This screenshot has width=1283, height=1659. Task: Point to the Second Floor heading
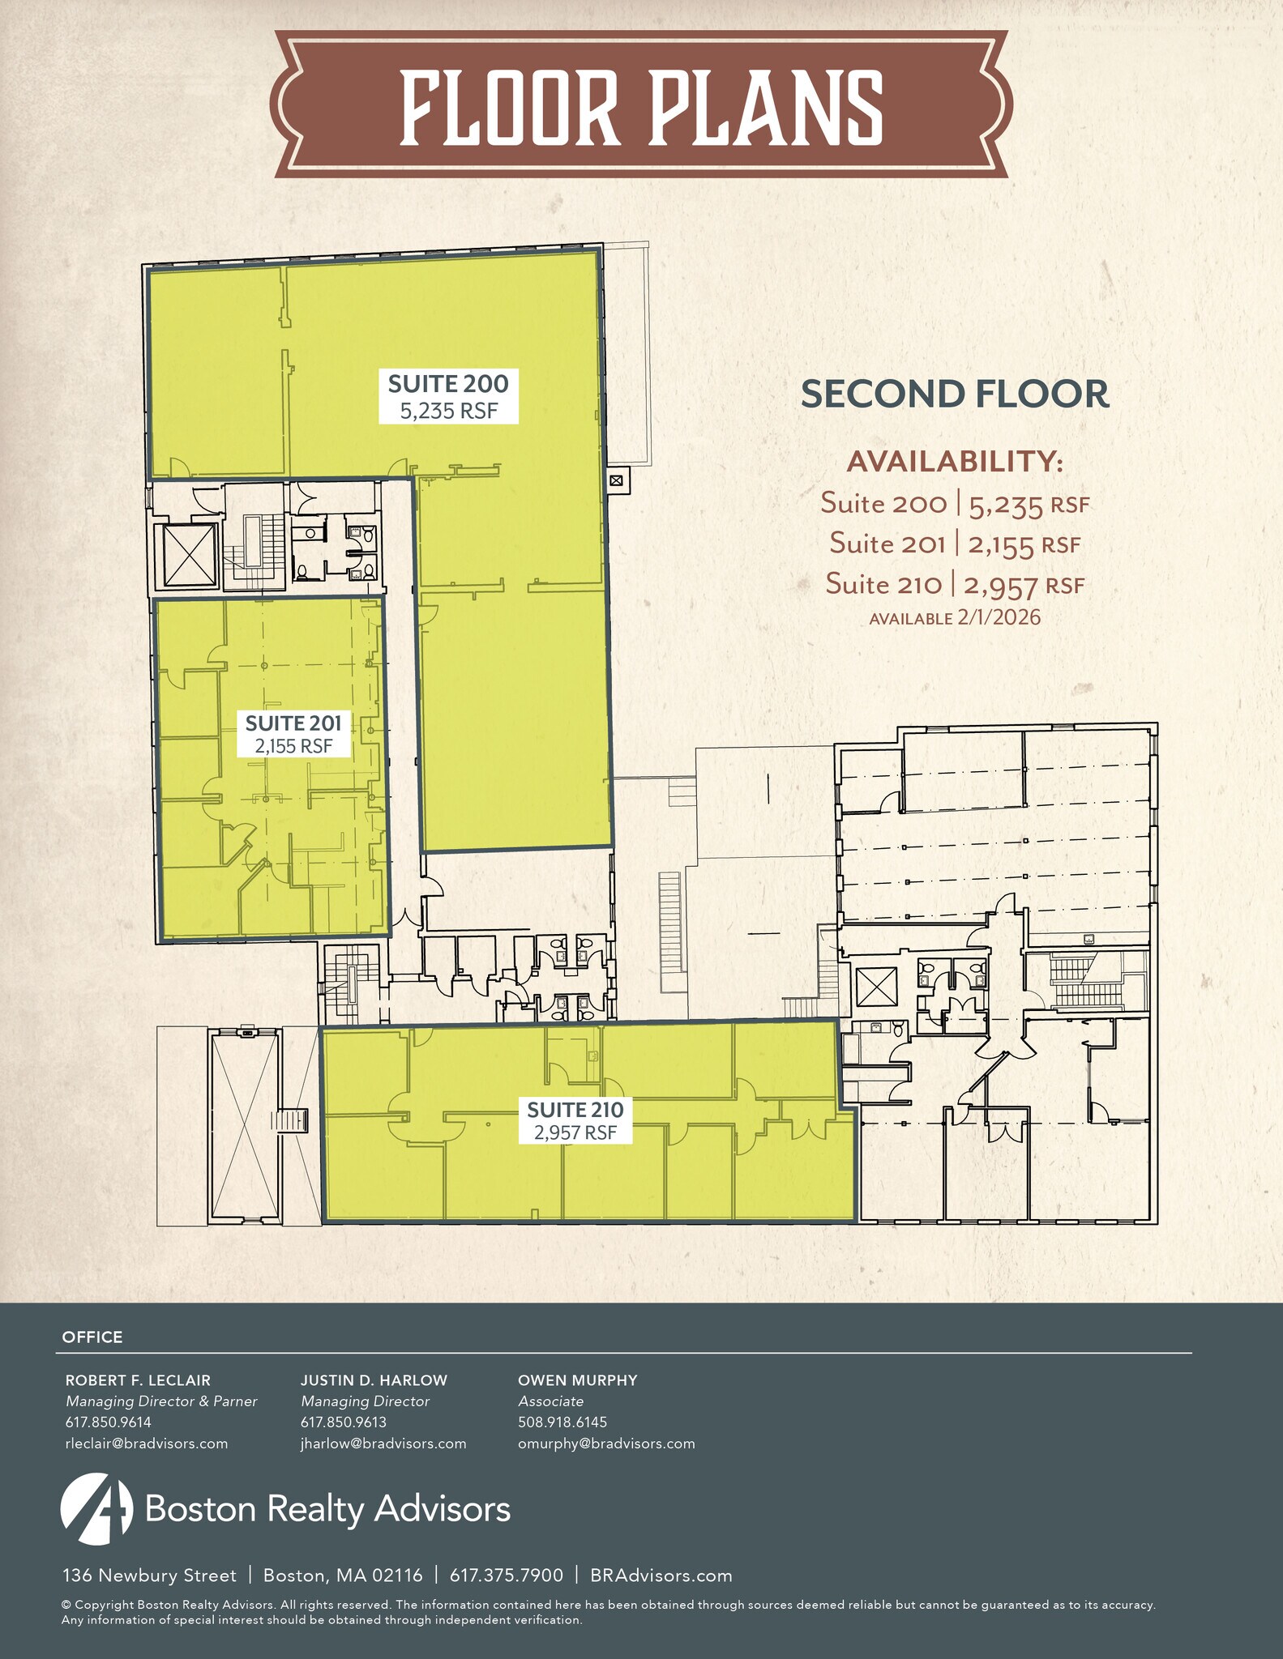pyautogui.click(x=954, y=394)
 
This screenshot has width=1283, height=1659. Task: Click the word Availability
pyautogui.click(x=954, y=462)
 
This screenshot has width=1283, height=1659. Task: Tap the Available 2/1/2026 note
pyautogui.click(x=955, y=618)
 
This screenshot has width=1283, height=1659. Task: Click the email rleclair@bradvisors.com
pyautogui.click(x=147, y=1444)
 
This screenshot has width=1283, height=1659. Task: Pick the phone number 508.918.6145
pyautogui.click(x=562, y=1422)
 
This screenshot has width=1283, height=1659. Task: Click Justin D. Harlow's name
pyautogui.click(x=374, y=1380)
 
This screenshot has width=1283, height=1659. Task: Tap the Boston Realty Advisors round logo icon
pyautogui.click(x=96, y=1508)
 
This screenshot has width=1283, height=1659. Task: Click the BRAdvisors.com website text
pyautogui.click(x=661, y=1576)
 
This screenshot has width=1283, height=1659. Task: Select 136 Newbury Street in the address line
pyautogui.click(x=150, y=1576)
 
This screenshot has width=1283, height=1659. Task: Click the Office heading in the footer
pyautogui.click(x=92, y=1337)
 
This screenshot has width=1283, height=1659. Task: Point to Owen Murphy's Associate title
pyautogui.click(x=550, y=1401)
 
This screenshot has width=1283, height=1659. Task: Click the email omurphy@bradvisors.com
pyautogui.click(x=606, y=1444)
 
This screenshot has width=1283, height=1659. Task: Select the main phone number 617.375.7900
pyautogui.click(x=506, y=1576)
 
